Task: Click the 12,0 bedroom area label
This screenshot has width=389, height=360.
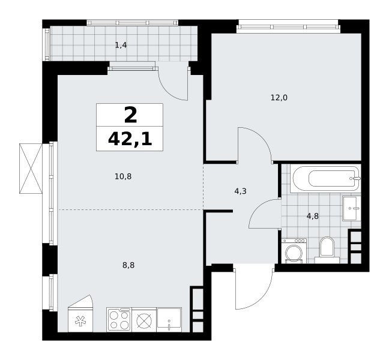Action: [x=279, y=98]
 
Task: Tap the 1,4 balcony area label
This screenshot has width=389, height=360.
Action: [x=121, y=45]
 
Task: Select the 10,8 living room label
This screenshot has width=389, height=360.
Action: [x=123, y=176]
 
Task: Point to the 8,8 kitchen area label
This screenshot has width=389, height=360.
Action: [x=128, y=265]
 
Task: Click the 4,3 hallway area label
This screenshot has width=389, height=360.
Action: [x=240, y=191]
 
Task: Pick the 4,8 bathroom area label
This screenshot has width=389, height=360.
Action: [x=313, y=216]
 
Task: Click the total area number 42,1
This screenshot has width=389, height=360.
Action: [x=130, y=139]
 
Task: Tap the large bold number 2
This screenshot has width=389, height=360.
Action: [x=130, y=115]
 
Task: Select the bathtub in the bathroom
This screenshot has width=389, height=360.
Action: [x=325, y=178]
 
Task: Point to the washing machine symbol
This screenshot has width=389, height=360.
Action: [x=294, y=251]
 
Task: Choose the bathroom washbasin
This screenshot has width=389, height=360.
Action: [x=352, y=208]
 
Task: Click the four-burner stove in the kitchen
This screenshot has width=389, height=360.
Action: [x=119, y=320]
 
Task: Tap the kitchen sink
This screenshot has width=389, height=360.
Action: [x=169, y=320]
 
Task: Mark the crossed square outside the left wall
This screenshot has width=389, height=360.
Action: [x=31, y=169]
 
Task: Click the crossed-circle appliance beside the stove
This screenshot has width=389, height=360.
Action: [x=144, y=320]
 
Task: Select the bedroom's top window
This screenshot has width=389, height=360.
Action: [x=288, y=26]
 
